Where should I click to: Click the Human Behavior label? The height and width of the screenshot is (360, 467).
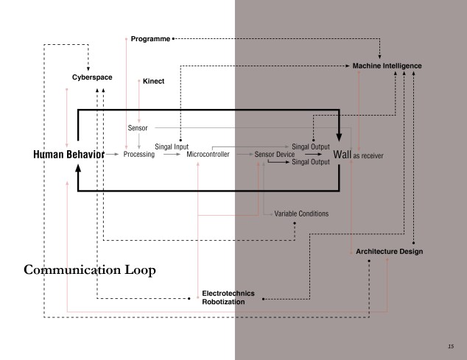click(x=68, y=155)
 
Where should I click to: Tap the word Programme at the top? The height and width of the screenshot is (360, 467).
click(x=150, y=37)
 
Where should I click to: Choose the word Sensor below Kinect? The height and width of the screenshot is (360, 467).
click(x=137, y=128)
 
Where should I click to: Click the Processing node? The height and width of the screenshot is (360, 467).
click(x=139, y=155)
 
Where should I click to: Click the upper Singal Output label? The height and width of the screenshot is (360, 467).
click(x=311, y=147)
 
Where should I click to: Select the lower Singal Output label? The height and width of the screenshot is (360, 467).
click(x=311, y=162)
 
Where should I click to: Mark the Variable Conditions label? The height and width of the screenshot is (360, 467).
click(x=301, y=213)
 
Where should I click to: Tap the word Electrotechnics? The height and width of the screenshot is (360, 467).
click(x=228, y=293)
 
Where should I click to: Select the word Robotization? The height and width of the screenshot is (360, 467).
click(x=224, y=302)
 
